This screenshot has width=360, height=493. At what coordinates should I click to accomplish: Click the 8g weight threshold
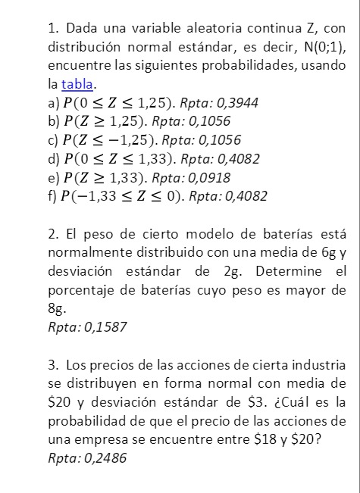tap(55, 309)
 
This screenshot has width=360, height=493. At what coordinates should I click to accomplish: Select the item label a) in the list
tap(53, 102)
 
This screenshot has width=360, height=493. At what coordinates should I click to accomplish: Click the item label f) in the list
tap(52, 197)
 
